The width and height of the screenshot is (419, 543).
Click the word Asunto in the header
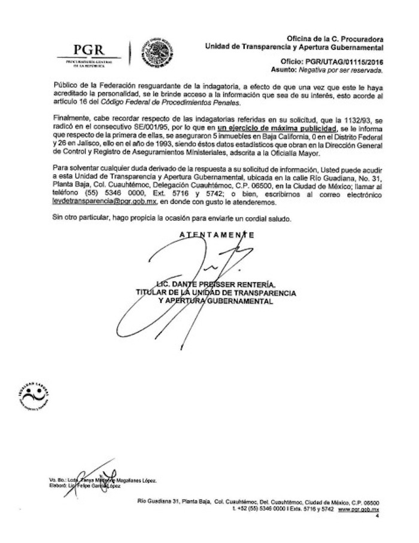point(294,70)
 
